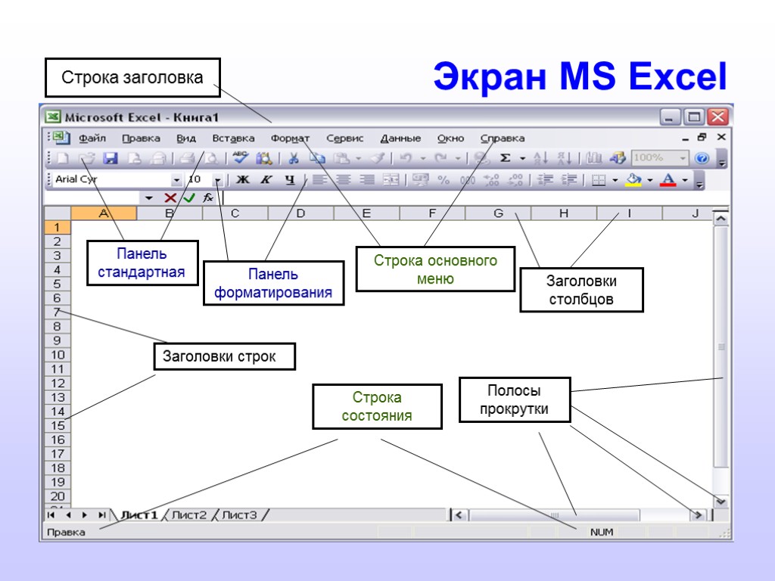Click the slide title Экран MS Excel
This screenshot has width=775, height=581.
pyautogui.click(x=579, y=77)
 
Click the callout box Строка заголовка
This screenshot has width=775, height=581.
pyautogui.click(x=132, y=78)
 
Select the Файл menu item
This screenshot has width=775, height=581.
pyautogui.click(x=92, y=138)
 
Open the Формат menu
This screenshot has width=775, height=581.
pyautogui.click(x=290, y=138)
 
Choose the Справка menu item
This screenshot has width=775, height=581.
pyautogui.click(x=503, y=138)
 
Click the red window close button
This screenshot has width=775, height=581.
pyautogui.click(x=717, y=117)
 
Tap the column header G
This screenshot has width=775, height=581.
pyautogui.click(x=498, y=213)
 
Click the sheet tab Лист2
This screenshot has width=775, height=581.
pyautogui.click(x=188, y=515)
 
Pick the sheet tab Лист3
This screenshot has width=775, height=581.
pyautogui.click(x=239, y=515)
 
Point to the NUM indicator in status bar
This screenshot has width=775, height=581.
pyautogui.click(x=602, y=533)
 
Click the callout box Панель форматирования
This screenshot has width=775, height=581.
pyautogui.click(x=273, y=283)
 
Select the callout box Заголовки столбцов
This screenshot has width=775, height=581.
pyautogui.click(x=581, y=290)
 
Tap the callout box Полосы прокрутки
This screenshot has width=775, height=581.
pyautogui.click(x=515, y=400)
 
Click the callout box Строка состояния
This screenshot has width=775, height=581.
pyautogui.click(x=377, y=406)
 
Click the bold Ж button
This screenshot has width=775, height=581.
pyautogui.click(x=243, y=179)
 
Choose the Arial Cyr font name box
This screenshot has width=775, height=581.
pyautogui.click(x=110, y=179)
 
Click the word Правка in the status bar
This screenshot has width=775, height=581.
pyautogui.click(x=66, y=533)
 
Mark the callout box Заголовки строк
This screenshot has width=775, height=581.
pyautogui.click(x=224, y=356)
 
